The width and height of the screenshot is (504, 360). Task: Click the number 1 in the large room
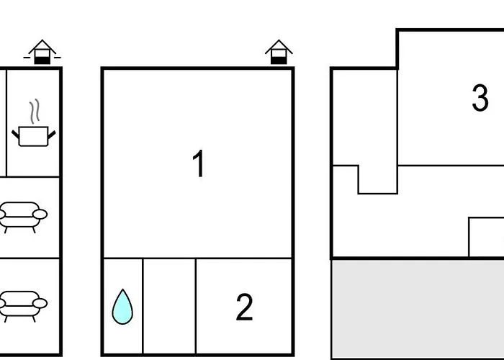(199, 163)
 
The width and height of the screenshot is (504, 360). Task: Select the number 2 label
(244, 307)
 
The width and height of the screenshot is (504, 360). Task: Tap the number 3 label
(480, 98)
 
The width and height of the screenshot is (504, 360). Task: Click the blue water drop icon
(122, 307)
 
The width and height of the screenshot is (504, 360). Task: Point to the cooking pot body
(33, 136)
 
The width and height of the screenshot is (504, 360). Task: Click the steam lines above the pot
(35, 111)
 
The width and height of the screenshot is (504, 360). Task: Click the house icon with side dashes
(42, 52)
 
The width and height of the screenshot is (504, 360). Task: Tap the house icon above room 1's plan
(279, 52)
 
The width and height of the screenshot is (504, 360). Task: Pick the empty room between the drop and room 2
(169, 306)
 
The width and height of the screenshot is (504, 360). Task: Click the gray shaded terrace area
(418, 309)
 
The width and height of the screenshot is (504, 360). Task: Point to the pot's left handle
(15, 135)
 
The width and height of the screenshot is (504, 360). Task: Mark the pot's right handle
(52, 135)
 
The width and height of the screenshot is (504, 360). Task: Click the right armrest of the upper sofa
(40, 214)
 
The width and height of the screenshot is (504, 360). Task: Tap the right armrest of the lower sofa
(40, 303)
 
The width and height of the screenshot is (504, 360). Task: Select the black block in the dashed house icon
(42, 60)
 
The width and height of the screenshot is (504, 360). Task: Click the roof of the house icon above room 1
(279, 46)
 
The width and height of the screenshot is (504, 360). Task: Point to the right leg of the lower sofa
(34, 319)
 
